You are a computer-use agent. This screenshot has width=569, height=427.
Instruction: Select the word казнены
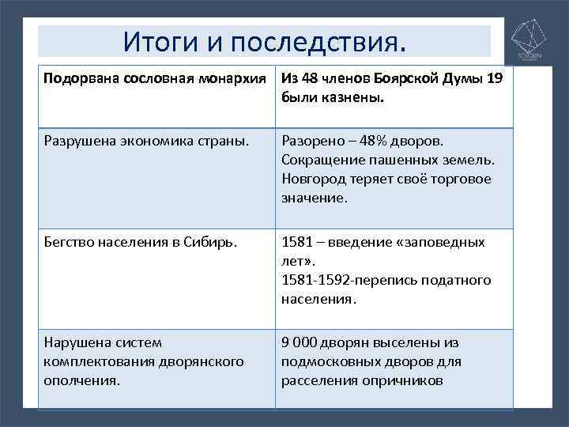coord(356,99)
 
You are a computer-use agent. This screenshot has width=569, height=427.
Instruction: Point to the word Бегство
coord(68,242)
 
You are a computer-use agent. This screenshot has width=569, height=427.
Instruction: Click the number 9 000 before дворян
coord(303,342)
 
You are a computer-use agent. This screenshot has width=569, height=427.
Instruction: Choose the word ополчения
coord(82,380)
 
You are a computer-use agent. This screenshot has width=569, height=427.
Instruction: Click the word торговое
coord(458,179)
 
